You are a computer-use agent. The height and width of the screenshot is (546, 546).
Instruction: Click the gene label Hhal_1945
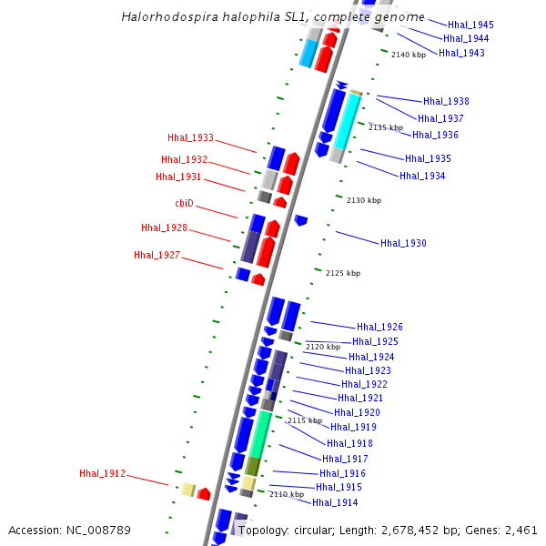[x=470, y=25]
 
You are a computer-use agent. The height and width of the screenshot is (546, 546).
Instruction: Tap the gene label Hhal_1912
[x=102, y=473]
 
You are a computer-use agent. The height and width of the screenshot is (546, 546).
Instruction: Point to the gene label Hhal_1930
[x=403, y=243]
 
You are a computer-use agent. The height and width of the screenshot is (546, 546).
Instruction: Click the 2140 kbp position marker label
[x=409, y=55]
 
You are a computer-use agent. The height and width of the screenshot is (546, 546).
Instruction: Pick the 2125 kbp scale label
[x=343, y=273]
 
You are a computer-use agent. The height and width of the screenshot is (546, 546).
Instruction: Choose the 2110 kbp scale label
[x=287, y=494]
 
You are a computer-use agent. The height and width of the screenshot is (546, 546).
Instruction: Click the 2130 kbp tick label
[x=364, y=200]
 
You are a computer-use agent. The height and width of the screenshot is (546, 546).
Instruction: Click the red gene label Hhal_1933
[x=190, y=137]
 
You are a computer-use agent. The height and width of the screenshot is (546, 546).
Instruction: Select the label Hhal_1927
[x=157, y=255]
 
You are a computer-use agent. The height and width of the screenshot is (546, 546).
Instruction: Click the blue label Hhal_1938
[x=446, y=101]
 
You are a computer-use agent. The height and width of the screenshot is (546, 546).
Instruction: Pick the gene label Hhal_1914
[x=335, y=502]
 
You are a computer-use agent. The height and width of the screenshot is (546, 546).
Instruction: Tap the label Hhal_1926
[x=379, y=327]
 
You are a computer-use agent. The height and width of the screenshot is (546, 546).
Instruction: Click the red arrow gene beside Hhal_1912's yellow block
[x=204, y=494]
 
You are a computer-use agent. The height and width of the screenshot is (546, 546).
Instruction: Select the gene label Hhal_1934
[x=422, y=176]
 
